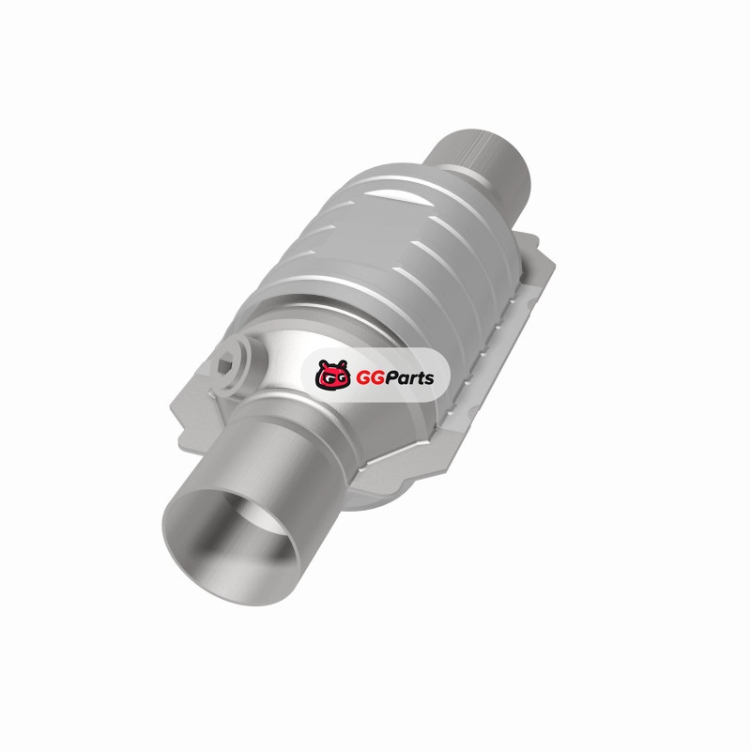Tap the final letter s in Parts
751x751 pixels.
click(429, 380)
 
